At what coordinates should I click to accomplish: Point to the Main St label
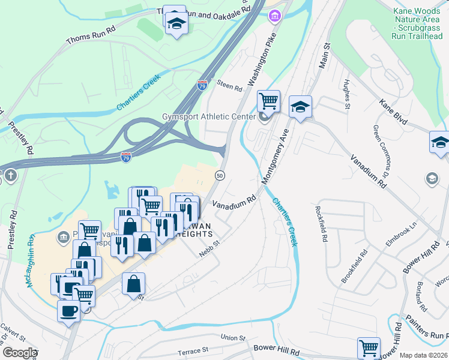tap(326, 55)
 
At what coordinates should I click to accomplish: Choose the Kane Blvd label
tap(394, 112)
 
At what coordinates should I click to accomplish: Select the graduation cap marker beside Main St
tap(300, 107)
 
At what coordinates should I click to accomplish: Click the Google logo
tap(19, 353)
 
